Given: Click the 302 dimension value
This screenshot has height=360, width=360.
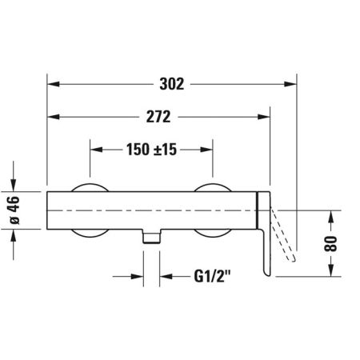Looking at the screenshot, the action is (x=172, y=84).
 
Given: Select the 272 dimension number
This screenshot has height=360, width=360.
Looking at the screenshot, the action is (x=158, y=117).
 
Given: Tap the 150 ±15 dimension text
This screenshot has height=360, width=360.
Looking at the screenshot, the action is (x=151, y=150).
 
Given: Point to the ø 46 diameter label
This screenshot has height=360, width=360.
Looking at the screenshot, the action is (x=14, y=210).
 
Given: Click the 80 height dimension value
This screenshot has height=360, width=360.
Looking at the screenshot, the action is (x=330, y=243).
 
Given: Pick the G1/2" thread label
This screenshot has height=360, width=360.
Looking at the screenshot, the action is (x=212, y=276).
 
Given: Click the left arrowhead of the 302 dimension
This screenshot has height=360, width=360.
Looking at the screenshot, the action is (x=53, y=84).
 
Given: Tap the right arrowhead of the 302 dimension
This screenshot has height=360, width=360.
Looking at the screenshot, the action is (x=290, y=84).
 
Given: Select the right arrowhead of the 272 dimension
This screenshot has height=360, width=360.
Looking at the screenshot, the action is (x=264, y=117).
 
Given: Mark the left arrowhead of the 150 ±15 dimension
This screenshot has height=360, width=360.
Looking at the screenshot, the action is (x=96, y=150).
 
